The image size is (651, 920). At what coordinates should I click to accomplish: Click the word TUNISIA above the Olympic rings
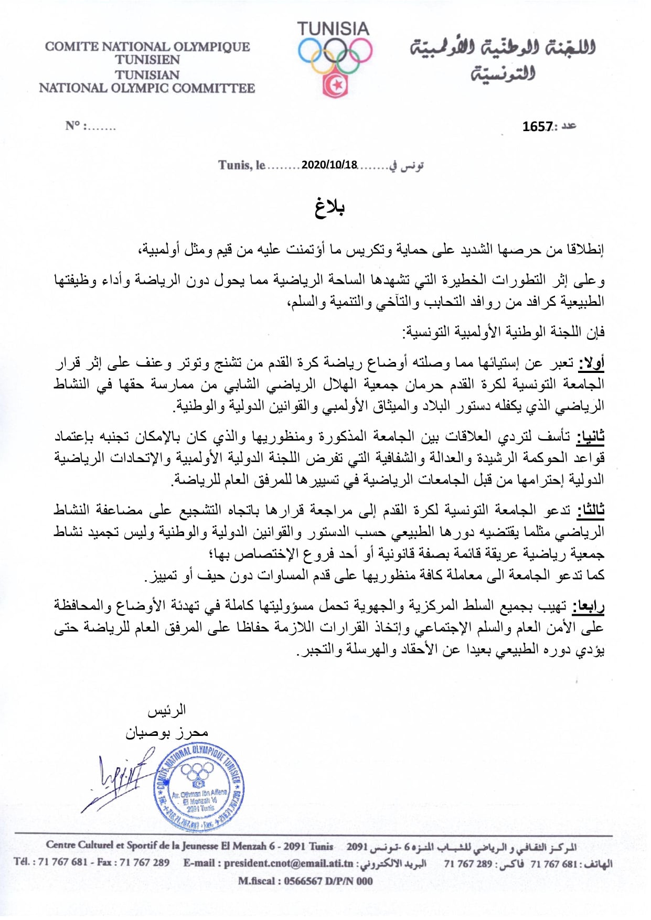[x=333, y=29]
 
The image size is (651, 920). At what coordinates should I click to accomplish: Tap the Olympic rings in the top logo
[x=335, y=56]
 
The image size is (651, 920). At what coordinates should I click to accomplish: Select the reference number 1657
[x=537, y=126]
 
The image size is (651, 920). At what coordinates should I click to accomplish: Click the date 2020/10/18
[x=329, y=165]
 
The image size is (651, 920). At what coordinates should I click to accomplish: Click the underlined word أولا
[x=591, y=363]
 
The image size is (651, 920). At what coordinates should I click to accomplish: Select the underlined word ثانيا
[x=591, y=436]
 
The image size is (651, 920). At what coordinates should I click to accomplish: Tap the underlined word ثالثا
[x=591, y=510]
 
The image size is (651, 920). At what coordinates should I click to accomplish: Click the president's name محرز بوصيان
[x=166, y=732]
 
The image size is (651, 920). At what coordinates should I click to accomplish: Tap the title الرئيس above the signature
[x=166, y=711]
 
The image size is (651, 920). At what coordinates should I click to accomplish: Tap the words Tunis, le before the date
[x=242, y=165]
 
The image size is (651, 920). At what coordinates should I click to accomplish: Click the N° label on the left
[x=73, y=126]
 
